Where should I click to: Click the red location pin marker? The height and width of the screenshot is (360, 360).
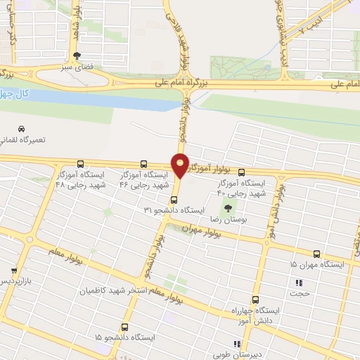(180, 165)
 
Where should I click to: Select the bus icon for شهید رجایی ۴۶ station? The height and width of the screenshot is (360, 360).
(144, 163)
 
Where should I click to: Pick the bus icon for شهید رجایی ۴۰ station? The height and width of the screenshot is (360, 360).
(242, 172)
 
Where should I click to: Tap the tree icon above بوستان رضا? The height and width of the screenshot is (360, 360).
(227, 207)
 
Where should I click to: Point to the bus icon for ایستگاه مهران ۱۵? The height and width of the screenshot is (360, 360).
(316, 254)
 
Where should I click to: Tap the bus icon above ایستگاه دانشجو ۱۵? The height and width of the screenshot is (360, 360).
(125, 327)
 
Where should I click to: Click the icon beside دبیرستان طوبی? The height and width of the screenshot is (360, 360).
(238, 344)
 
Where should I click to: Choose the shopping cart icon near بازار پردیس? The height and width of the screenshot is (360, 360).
(13, 270)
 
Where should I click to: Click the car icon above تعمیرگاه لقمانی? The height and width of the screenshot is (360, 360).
(22, 129)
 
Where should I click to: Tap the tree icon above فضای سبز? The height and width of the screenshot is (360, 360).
(77, 55)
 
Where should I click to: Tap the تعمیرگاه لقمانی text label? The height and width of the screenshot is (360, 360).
(23, 140)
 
